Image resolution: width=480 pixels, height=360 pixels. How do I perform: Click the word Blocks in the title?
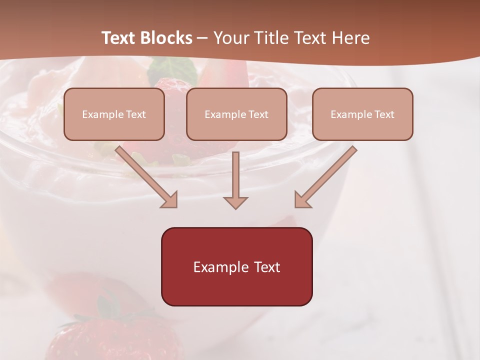coord(166,38)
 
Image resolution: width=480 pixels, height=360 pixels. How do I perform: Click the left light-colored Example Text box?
coord(114,114)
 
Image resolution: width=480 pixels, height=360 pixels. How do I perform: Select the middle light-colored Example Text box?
coord(236,114)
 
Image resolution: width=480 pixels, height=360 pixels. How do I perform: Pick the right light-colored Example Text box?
coord(362,114)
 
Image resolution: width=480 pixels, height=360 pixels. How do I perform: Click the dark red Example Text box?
coord(236,266)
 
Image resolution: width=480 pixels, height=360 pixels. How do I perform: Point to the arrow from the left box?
coord(145,176)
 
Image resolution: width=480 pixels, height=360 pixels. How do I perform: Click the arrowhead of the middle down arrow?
coord(235,202)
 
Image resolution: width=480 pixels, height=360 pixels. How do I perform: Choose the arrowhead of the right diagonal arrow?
coord(302,199)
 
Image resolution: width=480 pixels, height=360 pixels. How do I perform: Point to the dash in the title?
coord(202,38)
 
